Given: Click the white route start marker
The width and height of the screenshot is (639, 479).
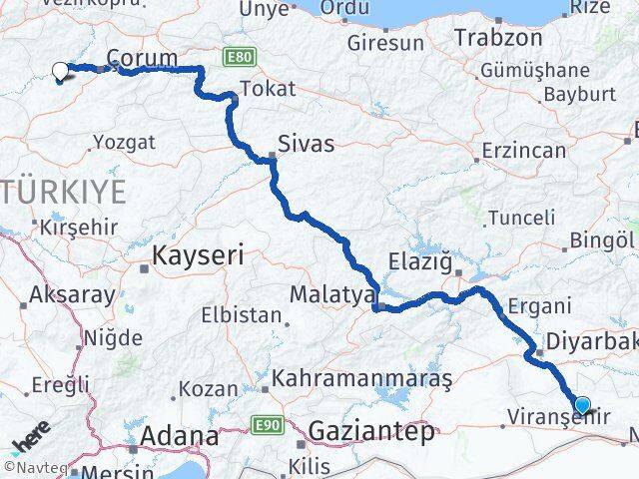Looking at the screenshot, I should pyautogui.click(x=60, y=70).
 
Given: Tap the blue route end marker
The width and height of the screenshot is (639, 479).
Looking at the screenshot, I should pyautogui.click(x=583, y=405).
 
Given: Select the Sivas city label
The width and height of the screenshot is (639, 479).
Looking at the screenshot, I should pyautogui.click(x=306, y=144).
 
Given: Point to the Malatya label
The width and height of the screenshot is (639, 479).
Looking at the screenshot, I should pyautogui.click(x=330, y=295).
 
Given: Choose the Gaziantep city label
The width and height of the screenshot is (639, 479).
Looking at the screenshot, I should pyautogui.click(x=372, y=432).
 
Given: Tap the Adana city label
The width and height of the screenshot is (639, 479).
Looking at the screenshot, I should pyautogui.click(x=180, y=436).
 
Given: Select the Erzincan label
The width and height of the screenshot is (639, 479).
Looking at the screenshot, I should pyautogui.click(x=523, y=150).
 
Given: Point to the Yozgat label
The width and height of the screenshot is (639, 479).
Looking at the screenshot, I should pyautogui.click(x=125, y=142).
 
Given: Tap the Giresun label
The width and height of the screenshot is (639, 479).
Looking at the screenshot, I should pyautogui.click(x=385, y=44).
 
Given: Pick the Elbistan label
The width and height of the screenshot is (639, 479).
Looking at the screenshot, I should pyautogui.click(x=241, y=314).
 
